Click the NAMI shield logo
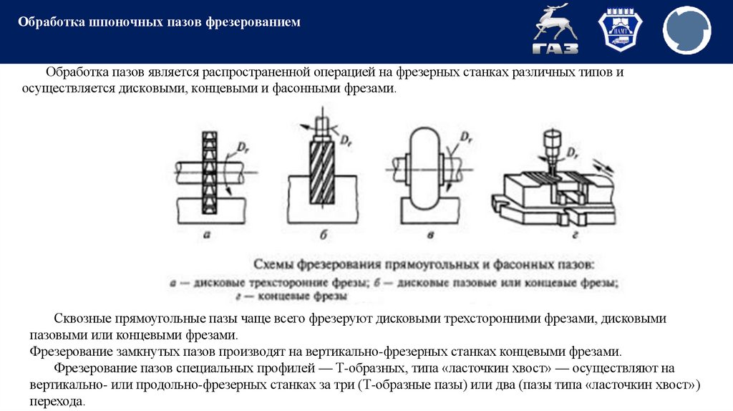point(621,32)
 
